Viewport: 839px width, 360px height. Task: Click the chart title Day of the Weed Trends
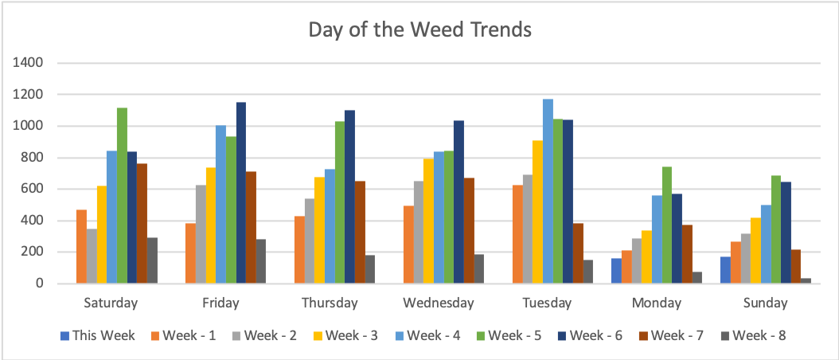[x=419, y=30]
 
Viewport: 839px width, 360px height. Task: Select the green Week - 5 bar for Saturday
[x=122, y=195]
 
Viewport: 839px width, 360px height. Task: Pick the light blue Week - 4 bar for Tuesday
[x=548, y=191]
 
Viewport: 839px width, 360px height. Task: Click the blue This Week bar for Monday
[x=616, y=271]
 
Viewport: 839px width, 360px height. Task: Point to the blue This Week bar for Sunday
[x=725, y=270]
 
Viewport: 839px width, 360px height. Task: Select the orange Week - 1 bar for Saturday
[x=81, y=246]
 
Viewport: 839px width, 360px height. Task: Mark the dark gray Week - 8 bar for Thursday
[x=370, y=269]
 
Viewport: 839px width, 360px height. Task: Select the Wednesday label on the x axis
[x=439, y=303]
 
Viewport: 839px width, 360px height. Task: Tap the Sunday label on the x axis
[x=766, y=303]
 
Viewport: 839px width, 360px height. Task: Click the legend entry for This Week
[x=97, y=335]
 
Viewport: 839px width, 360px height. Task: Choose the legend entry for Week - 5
[x=510, y=335]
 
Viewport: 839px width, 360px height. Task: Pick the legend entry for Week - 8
[x=754, y=335]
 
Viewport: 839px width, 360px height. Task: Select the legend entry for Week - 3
[x=348, y=335]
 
